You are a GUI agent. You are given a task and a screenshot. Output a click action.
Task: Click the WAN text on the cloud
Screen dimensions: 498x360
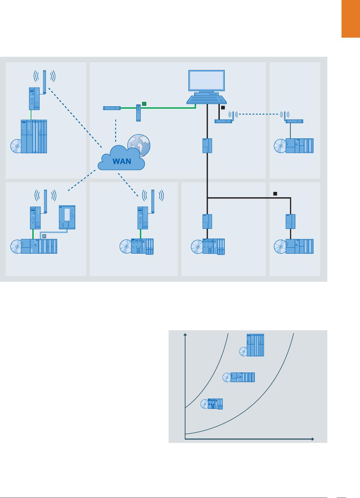122,161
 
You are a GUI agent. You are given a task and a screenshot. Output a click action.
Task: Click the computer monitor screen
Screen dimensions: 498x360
207,80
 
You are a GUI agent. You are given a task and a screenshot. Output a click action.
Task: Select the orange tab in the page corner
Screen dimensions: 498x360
350,19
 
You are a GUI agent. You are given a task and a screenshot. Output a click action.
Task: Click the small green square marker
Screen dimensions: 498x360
144,104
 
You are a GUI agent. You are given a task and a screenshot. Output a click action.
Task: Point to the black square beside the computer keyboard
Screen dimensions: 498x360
223,108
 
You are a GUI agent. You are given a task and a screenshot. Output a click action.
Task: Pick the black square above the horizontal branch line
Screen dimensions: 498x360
275,194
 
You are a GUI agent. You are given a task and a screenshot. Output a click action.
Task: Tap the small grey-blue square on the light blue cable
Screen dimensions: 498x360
44,236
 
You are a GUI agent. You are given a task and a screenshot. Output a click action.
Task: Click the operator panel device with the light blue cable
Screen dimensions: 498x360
67,217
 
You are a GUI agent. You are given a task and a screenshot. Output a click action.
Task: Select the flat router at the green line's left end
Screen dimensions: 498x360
112,108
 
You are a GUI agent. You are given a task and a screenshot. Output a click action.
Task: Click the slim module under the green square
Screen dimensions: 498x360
139,113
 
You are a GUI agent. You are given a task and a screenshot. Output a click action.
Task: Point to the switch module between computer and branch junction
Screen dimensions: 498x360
207,146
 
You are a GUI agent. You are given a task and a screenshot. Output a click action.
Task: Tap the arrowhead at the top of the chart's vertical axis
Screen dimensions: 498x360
185,335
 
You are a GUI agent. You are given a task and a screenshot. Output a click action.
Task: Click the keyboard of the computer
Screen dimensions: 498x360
207,99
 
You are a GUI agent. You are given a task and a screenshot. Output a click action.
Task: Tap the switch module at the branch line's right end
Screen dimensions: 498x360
290,221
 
